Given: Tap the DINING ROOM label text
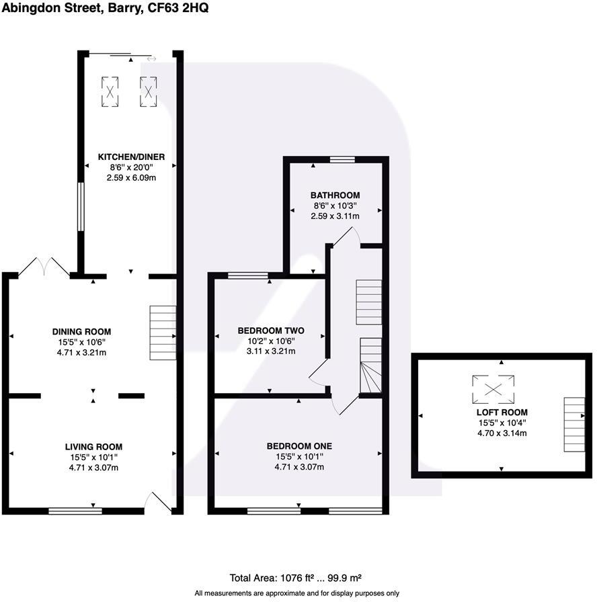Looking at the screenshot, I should [x=81, y=331].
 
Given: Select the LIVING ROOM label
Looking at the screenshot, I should [x=93, y=447].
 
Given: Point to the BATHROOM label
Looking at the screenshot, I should [x=335, y=196].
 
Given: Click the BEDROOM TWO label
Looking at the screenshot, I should [x=271, y=331].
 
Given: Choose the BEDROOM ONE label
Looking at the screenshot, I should [x=299, y=446].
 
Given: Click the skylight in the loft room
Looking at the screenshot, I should [x=493, y=388].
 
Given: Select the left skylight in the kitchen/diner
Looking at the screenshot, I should [x=110, y=91].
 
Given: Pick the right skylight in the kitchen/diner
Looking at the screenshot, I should [x=148, y=91].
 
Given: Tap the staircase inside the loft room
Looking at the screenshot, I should [x=573, y=424].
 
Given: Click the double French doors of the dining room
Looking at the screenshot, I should [x=44, y=267].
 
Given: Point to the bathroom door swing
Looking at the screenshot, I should [x=348, y=236].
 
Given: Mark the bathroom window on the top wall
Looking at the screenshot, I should [x=342, y=160].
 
